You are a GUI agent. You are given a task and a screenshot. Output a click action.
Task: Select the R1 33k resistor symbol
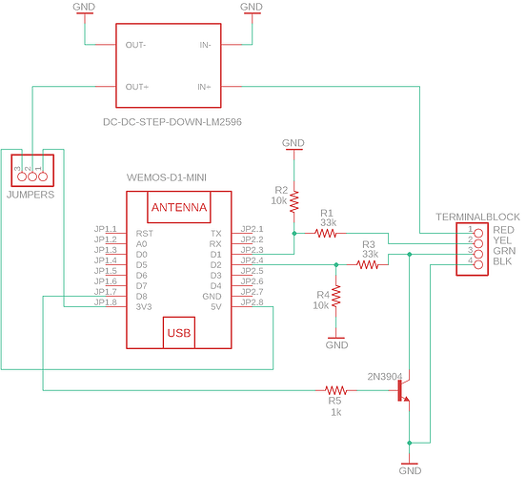[x=325, y=233]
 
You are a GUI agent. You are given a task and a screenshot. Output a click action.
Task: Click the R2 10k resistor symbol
[x=294, y=201]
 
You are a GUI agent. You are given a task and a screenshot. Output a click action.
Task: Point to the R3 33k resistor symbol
[x=367, y=265]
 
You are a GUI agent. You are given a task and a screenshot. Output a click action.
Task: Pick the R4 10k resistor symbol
[x=336, y=296]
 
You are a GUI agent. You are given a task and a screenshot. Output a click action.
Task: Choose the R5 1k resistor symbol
[x=335, y=390]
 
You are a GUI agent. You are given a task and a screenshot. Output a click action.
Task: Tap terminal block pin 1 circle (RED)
[x=478, y=233]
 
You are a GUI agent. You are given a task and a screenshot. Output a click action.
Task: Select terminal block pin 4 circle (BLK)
[x=478, y=264]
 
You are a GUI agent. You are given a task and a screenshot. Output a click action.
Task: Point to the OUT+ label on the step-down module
[x=137, y=87]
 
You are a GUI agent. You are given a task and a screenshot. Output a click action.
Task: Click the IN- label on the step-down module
[x=205, y=45]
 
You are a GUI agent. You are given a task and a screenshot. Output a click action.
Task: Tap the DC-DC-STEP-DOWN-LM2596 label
[x=172, y=121]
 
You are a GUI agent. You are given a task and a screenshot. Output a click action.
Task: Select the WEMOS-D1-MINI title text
[x=167, y=177]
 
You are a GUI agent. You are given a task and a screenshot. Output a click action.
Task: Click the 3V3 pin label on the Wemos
[x=144, y=306]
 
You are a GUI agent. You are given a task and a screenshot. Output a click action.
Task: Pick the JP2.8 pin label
[x=252, y=302]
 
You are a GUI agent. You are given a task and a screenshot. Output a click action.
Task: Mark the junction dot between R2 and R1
[x=294, y=233]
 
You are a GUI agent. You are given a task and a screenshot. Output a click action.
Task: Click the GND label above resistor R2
[x=293, y=143]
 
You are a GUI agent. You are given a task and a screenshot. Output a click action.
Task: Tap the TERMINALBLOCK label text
[x=477, y=217]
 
